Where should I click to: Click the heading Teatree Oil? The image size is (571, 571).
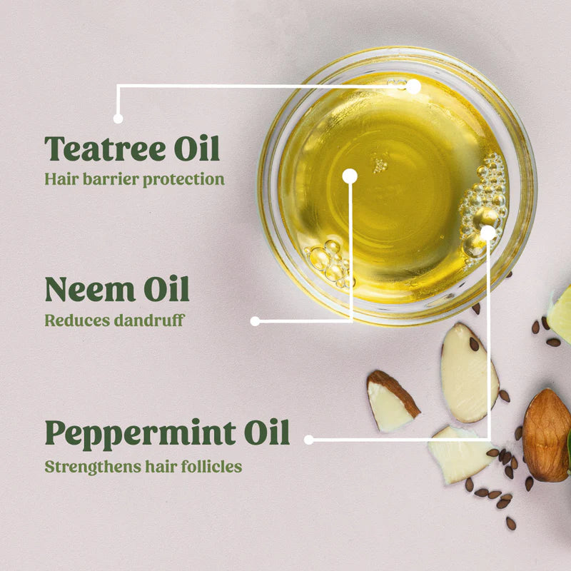click(132, 148)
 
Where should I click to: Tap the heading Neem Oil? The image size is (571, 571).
click(117, 290)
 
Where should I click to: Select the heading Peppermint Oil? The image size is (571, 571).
click(167, 433)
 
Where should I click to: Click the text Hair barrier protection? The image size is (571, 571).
click(134, 178)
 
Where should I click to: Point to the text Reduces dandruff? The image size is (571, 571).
click(114, 320)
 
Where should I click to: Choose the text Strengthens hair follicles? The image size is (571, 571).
click(143, 467)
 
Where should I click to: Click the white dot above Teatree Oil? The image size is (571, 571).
click(118, 118)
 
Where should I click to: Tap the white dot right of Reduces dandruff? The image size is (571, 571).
click(255, 321)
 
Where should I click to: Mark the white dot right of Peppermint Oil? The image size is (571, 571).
click(308, 440)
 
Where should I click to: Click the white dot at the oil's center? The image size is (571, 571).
click(349, 176)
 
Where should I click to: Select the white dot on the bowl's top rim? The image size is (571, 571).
click(413, 86)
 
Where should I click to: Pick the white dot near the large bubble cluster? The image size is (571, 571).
click(487, 232)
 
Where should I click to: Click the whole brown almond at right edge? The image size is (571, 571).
click(546, 434)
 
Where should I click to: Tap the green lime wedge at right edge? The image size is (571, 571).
click(561, 314)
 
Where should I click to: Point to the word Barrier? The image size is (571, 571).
click(104, 178)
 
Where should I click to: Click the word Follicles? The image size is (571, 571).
click(213, 467)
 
